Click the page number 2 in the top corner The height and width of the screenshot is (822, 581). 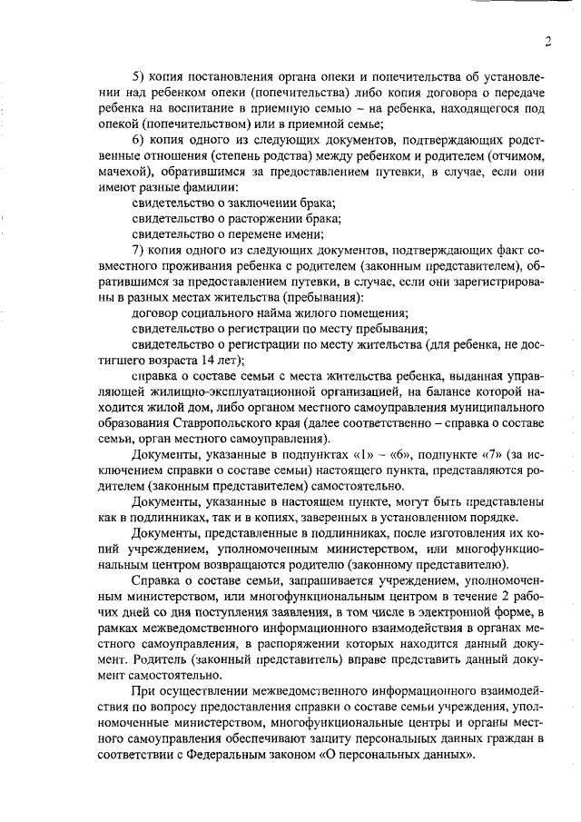549,40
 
